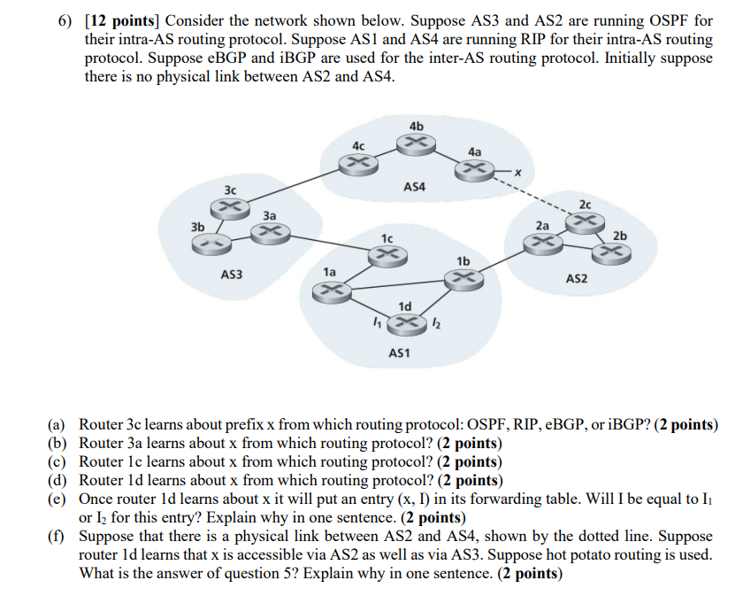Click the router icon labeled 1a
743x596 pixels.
pyautogui.click(x=331, y=289)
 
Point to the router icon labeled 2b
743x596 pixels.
pyautogui.click(x=609, y=252)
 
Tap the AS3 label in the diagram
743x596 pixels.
pyautogui.click(x=231, y=275)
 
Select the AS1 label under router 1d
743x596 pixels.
pyautogui.click(x=400, y=353)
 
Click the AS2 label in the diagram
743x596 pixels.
pyautogui.click(x=576, y=279)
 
